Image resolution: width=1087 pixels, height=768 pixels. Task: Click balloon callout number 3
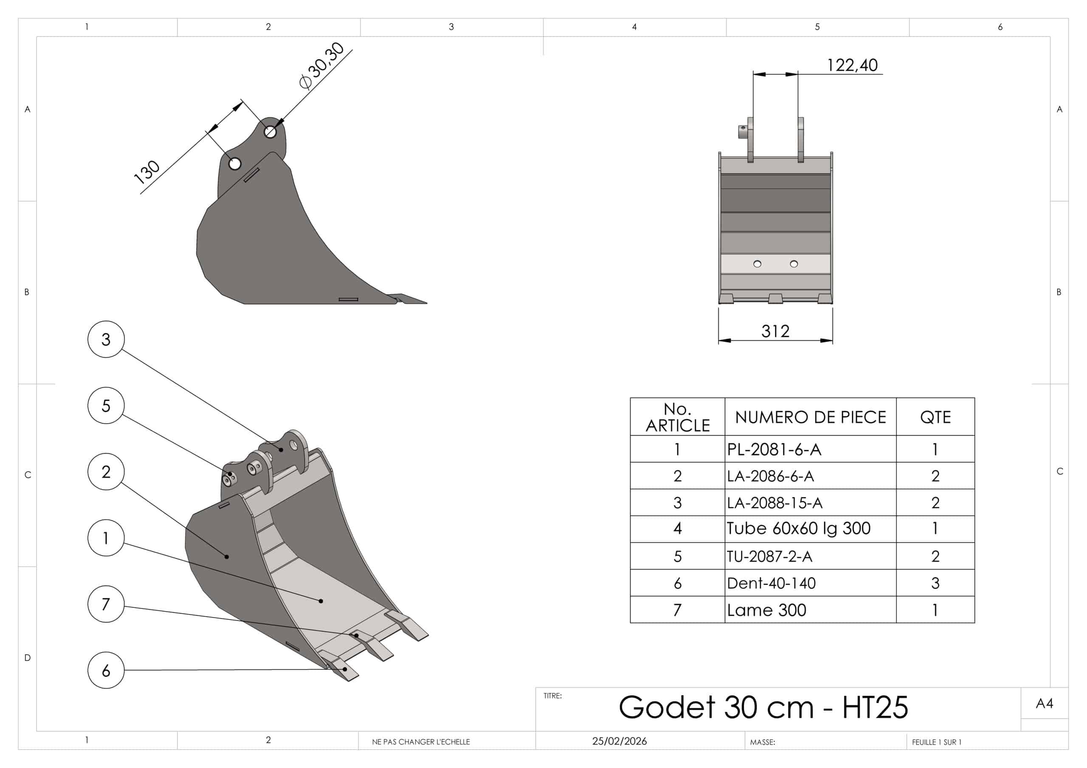pyautogui.click(x=106, y=339)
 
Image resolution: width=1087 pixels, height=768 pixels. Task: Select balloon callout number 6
pyautogui.click(x=106, y=670)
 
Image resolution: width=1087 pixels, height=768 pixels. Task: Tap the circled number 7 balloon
pyautogui.click(x=106, y=604)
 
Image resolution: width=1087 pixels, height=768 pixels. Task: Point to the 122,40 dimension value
pyautogui.click(x=852, y=65)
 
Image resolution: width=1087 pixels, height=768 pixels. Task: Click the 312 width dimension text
pyautogui.click(x=775, y=331)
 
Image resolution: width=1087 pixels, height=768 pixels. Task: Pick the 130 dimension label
pyautogui.click(x=147, y=172)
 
